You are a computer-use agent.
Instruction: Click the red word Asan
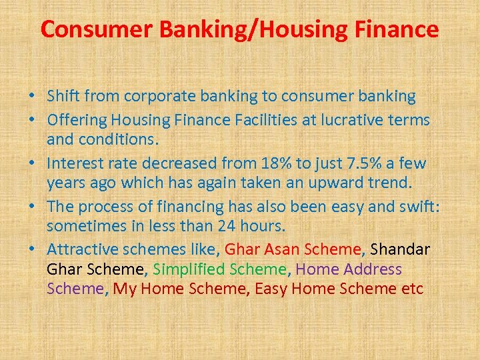(282, 249)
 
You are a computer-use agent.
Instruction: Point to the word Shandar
(400, 249)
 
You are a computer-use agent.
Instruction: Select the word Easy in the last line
(271, 289)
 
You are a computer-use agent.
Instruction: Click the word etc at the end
(412, 289)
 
